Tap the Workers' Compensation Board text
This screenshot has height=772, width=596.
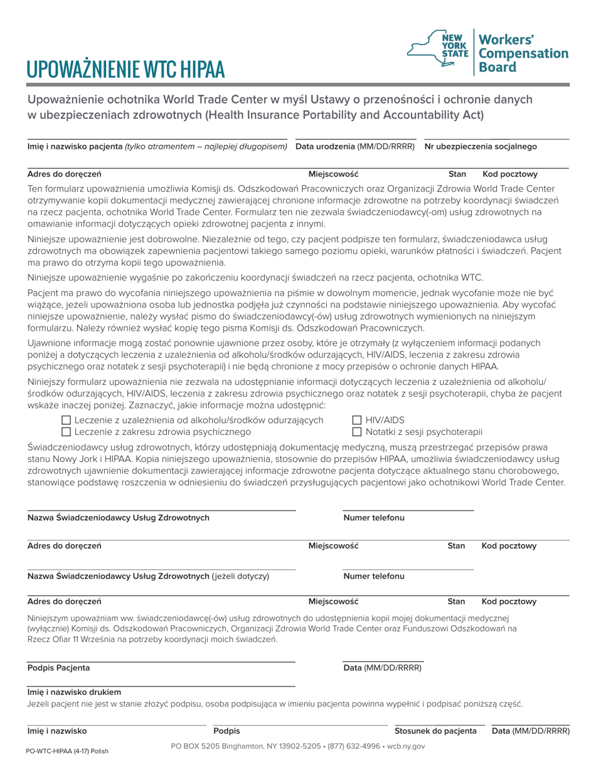pos(523,53)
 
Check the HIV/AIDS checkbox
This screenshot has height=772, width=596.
pos(357,420)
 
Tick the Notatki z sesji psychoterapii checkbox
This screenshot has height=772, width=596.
pos(357,432)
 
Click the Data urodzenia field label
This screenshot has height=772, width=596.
pos(355,146)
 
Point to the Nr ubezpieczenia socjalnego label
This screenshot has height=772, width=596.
pos(481,146)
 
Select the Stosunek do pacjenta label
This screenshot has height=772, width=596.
pos(435,730)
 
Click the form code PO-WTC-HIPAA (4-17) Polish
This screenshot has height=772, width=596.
pos(63,751)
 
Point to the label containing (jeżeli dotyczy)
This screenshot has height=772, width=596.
pos(148,576)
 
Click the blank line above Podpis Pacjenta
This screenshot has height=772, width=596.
pos(161,661)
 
